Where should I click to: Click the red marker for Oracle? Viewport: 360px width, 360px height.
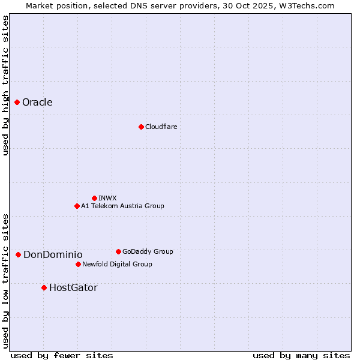coord(17,103)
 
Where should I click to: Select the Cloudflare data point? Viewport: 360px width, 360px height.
coord(141,127)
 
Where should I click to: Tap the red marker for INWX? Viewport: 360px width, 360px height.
coord(94,198)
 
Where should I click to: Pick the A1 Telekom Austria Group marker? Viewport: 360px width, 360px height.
coord(77,206)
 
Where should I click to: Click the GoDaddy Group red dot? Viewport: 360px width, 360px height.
coord(118,251)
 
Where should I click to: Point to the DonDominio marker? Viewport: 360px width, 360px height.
coord(19,255)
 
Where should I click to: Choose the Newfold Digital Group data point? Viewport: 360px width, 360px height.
coord(78,264)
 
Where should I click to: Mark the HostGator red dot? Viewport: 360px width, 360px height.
coord(44,288)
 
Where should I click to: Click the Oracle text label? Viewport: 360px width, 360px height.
coord(37,103)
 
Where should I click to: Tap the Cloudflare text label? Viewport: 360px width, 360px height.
coord(161,127)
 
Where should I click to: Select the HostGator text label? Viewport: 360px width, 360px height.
coord(73,288)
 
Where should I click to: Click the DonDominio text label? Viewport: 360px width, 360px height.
coord(53,255)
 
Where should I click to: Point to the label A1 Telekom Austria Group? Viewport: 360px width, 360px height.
coord(122,206)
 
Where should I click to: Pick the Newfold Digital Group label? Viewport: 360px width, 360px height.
coord(117,264)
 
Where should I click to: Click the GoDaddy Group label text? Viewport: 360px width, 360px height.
coord(148,251)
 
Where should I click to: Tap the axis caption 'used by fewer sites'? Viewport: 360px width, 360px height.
coord(62,355)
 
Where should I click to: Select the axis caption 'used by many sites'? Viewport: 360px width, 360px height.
coord(301,355)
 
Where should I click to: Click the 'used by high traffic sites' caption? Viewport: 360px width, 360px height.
coord(5,85)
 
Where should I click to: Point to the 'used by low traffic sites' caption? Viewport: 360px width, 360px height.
coord(5,281)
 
